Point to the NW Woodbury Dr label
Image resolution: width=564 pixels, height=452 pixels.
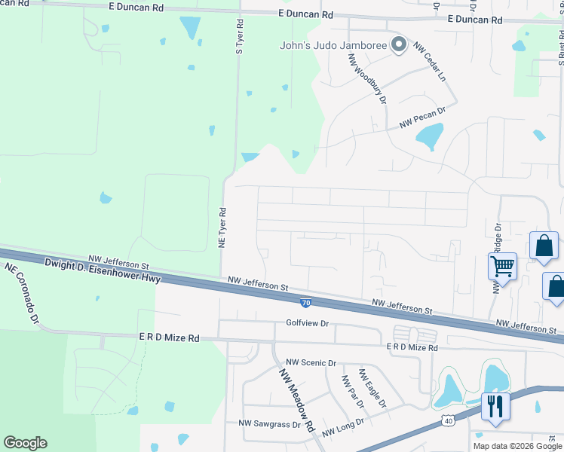point(367,78)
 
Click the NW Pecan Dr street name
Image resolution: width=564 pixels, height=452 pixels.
point(423,116)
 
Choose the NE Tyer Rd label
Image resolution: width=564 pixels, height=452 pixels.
point(222,228)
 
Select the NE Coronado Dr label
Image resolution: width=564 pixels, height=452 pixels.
point(21,293)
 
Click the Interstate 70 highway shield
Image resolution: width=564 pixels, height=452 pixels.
point(305,303)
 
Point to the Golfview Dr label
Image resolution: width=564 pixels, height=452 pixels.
point(308,323)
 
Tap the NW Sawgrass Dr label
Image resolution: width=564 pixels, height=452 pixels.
point(269,424)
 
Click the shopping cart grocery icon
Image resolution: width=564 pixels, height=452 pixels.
point(502,266)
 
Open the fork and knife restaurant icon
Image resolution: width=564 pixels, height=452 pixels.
point(495,406)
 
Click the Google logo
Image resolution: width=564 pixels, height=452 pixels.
point(25,443)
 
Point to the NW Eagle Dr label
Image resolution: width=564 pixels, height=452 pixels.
point(372,389)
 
